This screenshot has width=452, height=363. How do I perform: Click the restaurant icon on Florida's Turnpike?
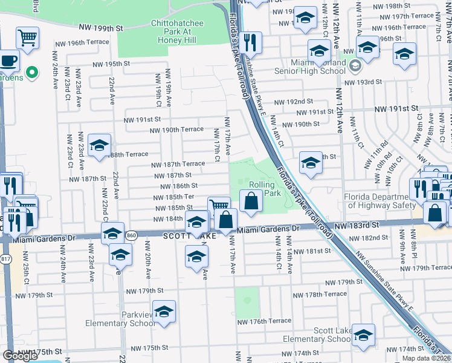[250, 43]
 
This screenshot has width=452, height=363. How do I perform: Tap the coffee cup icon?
[8, 61]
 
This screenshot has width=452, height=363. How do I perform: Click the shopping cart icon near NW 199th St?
[27, 38]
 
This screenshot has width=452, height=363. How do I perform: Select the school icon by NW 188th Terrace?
[100, 145]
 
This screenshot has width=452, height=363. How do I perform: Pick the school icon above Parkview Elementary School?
[164, 312]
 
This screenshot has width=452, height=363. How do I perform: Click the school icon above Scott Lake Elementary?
[363, 335]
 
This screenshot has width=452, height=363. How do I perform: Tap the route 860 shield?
[132, 235]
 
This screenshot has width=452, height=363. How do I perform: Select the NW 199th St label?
[102, 28]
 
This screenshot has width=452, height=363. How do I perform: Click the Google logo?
[21, 356]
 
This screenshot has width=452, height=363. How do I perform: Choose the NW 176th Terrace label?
[264, 321]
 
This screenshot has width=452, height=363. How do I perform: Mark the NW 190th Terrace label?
[176, 130]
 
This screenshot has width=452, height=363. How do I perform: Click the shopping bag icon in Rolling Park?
[251, 201]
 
